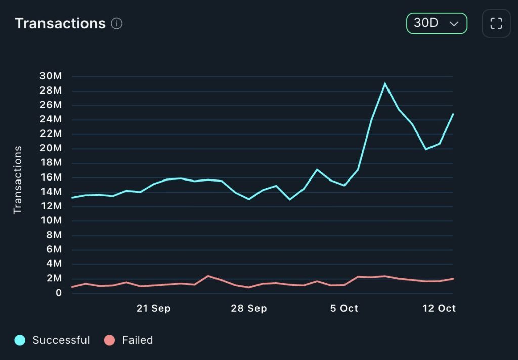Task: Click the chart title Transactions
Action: tap(60, 23)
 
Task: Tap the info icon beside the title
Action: tap(117, 24)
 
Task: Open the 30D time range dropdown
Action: tap(437, 23)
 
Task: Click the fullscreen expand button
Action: tap(496, 23)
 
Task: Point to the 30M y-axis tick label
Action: tap(51, 76)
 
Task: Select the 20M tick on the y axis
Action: tap(51, 148)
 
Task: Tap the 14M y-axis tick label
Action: tap(51, 192)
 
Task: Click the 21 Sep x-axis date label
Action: tap(153, 308)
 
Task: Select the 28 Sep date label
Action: tap(248, 308)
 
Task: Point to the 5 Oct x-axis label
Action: tap(344, 308)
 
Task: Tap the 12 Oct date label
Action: tap(439, 308)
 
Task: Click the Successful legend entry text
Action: tap(61, 340)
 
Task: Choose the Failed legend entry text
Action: tap(138, 340)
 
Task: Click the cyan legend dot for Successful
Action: tap(20, 340)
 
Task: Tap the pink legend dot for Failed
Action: tap(109, 340)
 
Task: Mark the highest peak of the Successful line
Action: tap(385, 84)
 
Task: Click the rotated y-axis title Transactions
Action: tap(18, 180)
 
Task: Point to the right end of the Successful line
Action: tap(453, 114)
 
